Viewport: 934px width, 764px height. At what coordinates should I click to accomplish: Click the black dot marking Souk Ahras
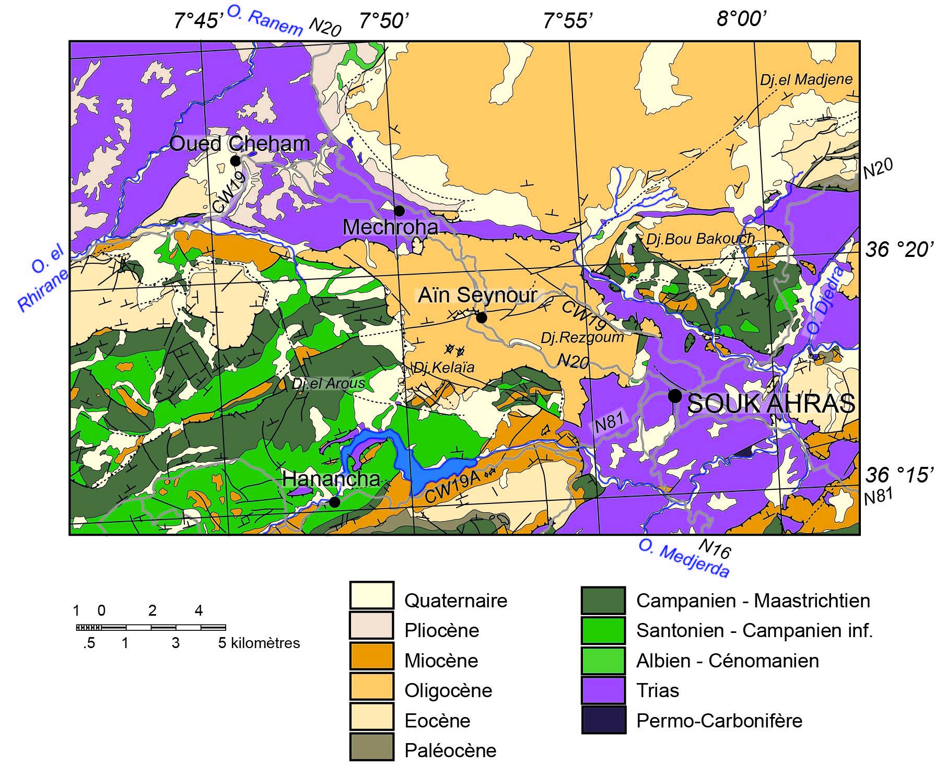(x=675, y=396)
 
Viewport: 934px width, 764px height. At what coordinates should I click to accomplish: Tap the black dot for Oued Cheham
(x=235, y=160)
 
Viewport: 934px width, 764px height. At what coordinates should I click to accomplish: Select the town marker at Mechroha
(x=399, y=210)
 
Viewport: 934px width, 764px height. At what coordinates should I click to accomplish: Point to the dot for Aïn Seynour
(x=481, y=318)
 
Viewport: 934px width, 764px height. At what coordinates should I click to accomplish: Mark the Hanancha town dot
(x=334, y=502)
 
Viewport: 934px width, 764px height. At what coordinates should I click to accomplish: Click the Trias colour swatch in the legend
(x=603, y=690)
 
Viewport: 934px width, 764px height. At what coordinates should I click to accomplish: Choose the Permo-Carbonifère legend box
(x=603, y=720)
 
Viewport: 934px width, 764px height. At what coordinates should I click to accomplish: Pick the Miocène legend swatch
(x=371, y=661)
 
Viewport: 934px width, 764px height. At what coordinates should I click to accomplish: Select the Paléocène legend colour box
(x=371, y=750)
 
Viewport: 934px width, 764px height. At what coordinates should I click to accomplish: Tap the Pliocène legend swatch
(x=371, y=630)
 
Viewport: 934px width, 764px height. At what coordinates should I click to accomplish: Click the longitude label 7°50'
(x=384, y=21)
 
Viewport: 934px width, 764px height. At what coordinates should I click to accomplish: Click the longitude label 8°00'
(x=741, y=19)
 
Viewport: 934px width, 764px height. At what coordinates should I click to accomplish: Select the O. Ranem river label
(x=265, y=21)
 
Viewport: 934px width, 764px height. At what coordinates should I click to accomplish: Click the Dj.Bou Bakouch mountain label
(x=700, y=239)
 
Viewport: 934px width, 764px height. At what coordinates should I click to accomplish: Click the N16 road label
(x=714, y=549)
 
